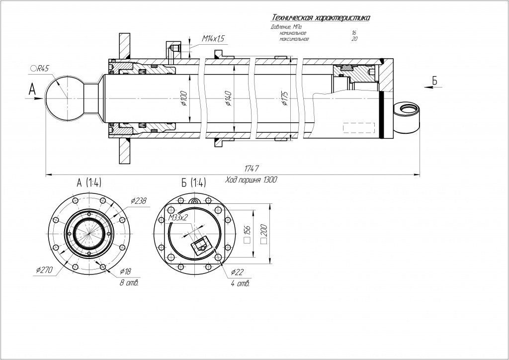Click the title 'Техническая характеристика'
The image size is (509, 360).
coord(321,18)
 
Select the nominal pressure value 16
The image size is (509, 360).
coord(353,32)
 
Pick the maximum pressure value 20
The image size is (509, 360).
coord(354,38)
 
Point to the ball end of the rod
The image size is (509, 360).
coord(63,98)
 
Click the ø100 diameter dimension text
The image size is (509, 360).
coord(183,98)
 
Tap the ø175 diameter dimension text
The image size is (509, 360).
coord(285,99)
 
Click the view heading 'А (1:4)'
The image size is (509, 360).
coord(89,182)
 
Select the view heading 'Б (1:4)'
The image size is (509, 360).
coord(194,182)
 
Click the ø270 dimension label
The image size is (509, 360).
coord(44,269)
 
